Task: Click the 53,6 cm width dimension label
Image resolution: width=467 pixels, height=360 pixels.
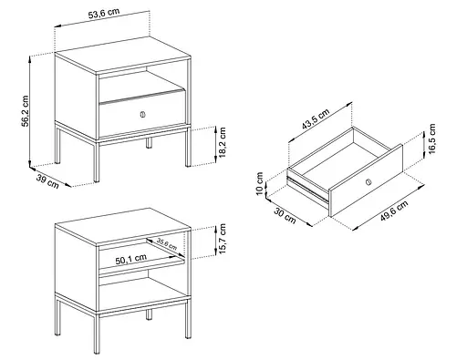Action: (x=104, y=14)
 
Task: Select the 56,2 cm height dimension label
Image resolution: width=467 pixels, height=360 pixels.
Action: (x=26, y=111)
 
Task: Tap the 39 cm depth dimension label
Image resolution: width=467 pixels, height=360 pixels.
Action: (x=47, y=181)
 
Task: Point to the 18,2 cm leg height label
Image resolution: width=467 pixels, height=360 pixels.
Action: (x=223, y=142)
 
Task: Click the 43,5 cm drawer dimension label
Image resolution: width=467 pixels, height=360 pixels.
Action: (x=316, y=118)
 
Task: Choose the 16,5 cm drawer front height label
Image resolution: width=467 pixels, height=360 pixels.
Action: (x=431, y=139)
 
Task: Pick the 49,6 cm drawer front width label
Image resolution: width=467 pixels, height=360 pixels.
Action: (x=394, y=211)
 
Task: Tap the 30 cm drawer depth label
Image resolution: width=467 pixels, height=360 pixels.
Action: (x=285, y=215)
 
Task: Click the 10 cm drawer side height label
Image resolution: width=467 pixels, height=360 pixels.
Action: (x=259, y=183)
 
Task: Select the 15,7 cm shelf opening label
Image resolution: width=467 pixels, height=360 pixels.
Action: (x=223, y=239)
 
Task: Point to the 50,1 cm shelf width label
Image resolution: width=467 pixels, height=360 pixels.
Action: (x=131, y=259)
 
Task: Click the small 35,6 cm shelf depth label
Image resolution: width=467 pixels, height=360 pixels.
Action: (x=167, y=244)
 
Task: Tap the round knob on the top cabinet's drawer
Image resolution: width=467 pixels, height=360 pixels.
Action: (x=142, y=115)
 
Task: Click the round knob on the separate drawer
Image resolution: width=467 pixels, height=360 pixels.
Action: (x=368, y=182)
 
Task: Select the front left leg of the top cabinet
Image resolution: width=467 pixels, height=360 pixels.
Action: (x=97, y=162)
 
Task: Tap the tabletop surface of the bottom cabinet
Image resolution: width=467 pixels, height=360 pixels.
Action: (x=123, y=226)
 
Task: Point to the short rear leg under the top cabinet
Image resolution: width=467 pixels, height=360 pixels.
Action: (x=149, y=143)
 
